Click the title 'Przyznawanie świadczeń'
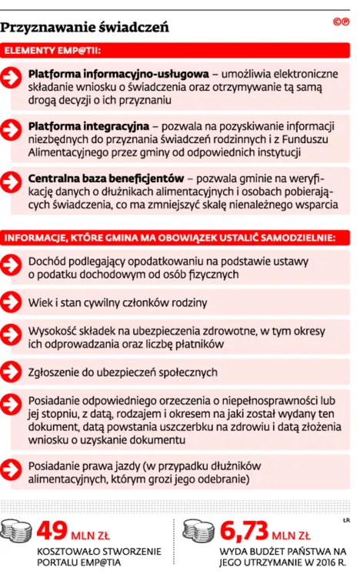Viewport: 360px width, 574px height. point(85,28)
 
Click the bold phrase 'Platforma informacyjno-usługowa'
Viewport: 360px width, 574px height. point(118,74)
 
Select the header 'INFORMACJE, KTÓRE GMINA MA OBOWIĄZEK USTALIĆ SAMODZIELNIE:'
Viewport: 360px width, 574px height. point(170,236)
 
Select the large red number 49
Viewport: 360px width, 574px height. point(53,530)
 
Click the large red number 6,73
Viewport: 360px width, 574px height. point(245,530)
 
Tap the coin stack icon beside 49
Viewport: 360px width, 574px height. point(18,532)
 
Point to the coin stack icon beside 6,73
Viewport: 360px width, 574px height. point(202,532)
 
